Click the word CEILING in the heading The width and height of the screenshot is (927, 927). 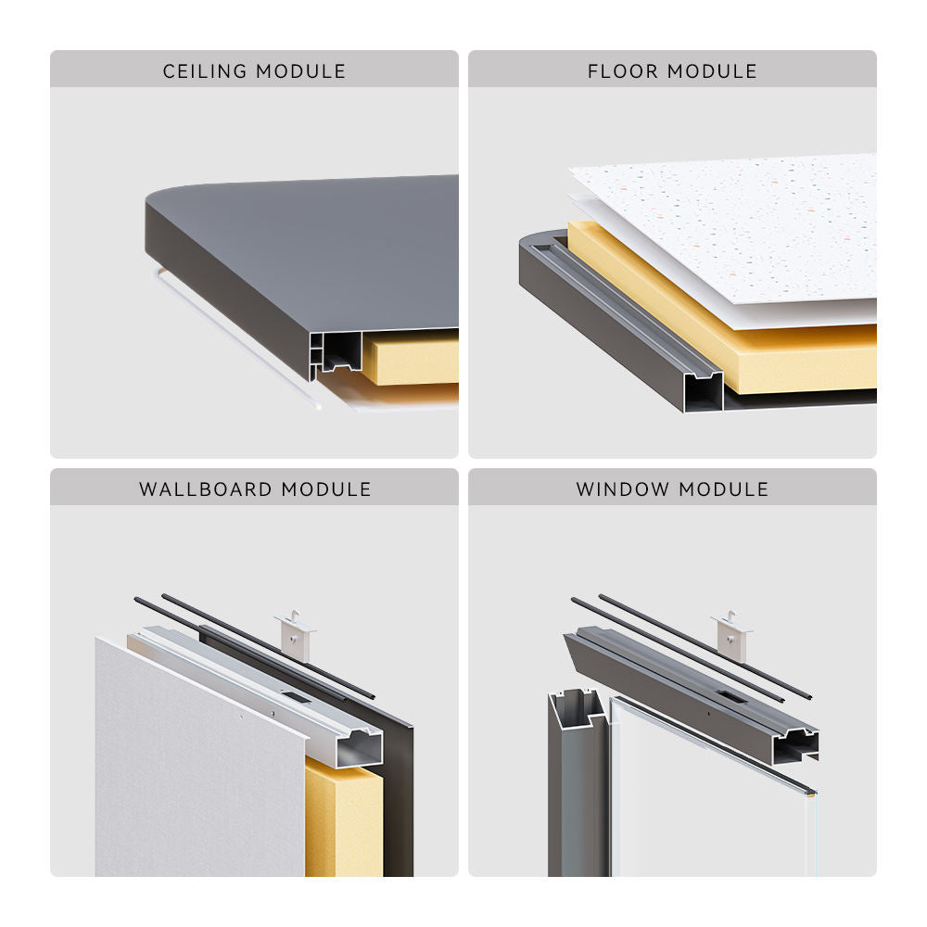(x=205, y=71)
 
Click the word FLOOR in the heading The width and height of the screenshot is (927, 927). (x=623, y=71)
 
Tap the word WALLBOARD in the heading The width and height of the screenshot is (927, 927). (x=205, y=489)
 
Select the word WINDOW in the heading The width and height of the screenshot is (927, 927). (x=623, y=489)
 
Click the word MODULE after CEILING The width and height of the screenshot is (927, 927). (x=301, y=71)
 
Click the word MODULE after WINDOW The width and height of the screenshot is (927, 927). (x=724, y=489)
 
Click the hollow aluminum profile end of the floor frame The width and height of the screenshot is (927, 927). (x=704, y=391)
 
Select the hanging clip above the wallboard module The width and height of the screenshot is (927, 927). (x=296, y=636)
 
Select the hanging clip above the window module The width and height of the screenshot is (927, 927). (x=732, y=636)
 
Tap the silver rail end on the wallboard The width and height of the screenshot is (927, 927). (x=359, y=747)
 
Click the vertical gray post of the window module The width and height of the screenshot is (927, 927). (x=577, y=786)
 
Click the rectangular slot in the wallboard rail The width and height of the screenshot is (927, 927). (x=297, y=697)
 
